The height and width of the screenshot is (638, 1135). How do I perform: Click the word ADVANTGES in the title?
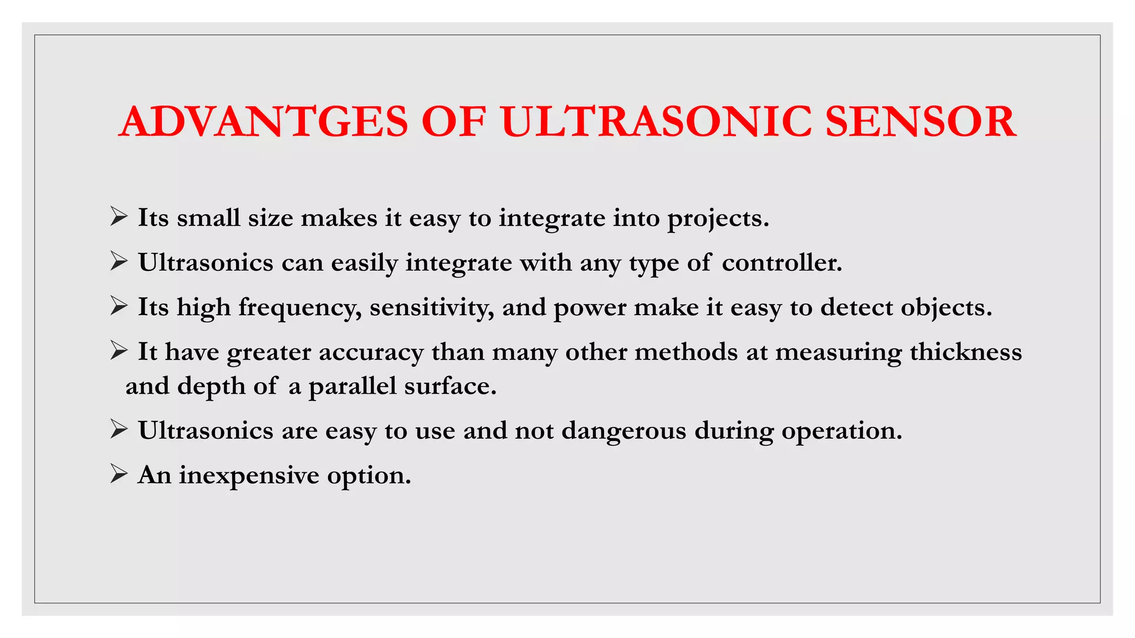click(x=264, y=122)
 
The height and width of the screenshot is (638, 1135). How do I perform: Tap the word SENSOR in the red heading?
click(x=921, y=122)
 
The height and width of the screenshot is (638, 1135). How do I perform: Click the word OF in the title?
click(x=453, y=122)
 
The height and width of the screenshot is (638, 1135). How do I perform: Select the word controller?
click(x=781, y=263)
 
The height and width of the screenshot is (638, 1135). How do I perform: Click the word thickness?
click(x=965, y=352)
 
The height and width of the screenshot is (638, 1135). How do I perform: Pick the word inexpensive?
click(x=249, y=476)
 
